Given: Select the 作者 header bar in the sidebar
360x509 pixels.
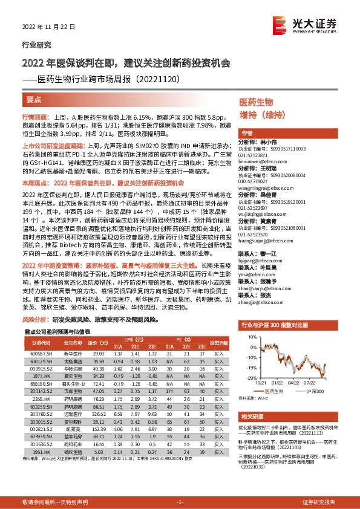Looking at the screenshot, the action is coord(247,133).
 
